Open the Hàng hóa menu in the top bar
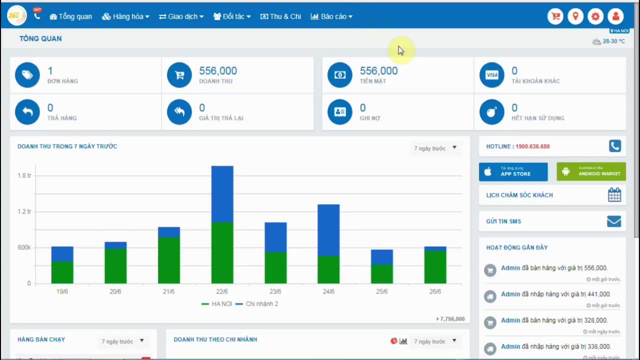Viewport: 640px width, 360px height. pyautogui.click(x=125, y=16)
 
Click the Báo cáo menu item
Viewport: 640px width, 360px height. pyautogui.click(x=331, y=16)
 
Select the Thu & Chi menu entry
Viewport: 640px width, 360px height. pyautogui.click(x=280, y=16)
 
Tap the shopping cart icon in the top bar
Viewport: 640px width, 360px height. pyautogui.click(x=555, y=16)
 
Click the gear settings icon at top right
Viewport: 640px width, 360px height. pyautogui.click(x=595, y=16)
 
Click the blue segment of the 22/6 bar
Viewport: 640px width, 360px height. pyautogui.click(x=222, y=194)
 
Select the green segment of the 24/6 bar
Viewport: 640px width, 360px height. pyautogui.click(x=328, y=270)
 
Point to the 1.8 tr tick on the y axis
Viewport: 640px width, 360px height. pyautogui.click(x=24, y=175)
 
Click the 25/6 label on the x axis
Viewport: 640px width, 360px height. pyautogui.click(x=381, y=291)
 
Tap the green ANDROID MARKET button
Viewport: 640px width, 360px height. pyautogui.click(x=591, y=172)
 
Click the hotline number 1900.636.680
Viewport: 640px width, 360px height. pyautogui.click(x=532, y=146)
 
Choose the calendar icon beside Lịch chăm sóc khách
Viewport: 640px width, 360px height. pyautogui.click(x=614, y=195)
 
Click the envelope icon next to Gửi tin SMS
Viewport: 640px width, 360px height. pyautogui.click(x=614, y=221)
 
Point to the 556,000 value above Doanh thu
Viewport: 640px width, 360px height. pyautogui.click(x=218, y=71)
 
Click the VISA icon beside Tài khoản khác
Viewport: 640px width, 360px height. pyautogui.click(x=492, y=75)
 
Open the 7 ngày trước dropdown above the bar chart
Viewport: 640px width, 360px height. pyautogui.click(x=435, y=148)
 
